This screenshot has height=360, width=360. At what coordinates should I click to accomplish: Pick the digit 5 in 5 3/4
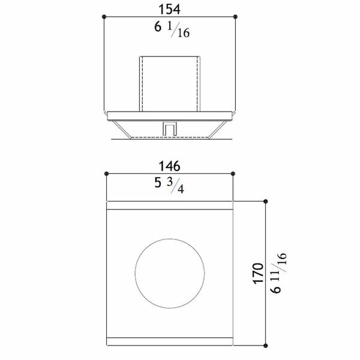tap(158, 184)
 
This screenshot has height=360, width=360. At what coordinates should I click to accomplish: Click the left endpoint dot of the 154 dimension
tap(105, 16)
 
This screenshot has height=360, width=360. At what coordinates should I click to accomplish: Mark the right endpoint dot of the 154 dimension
tap(234, 16)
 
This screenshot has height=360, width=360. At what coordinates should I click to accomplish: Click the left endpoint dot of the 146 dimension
tap(106, 173)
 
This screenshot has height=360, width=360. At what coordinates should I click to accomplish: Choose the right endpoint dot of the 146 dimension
tap(232, 173)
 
